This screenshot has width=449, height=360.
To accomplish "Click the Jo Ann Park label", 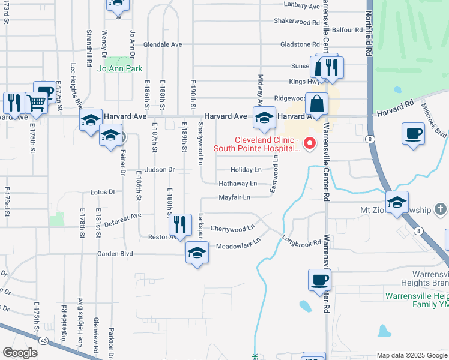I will tap(120, 68).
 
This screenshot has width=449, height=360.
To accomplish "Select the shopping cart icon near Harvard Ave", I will tap(37, 103).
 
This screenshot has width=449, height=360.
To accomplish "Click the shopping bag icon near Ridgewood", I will tap(316, 104).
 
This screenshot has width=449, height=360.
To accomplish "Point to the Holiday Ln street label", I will tap(246, 170).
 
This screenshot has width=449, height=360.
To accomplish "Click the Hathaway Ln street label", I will tap(237, 184).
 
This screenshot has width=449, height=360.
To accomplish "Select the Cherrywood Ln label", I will tap(233, 229).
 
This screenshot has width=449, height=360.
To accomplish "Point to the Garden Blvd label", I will tap(115, 254).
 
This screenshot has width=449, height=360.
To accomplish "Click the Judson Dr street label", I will tap(160, 170).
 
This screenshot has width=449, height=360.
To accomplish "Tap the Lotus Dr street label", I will tap(102, 193).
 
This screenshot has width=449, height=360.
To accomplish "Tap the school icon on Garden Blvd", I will tap(196, 253).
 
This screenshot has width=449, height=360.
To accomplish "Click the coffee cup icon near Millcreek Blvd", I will tap(413, 134).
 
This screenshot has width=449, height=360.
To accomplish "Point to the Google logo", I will tap(20, 353).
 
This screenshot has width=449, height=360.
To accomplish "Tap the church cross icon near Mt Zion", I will tap(440, 210).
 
